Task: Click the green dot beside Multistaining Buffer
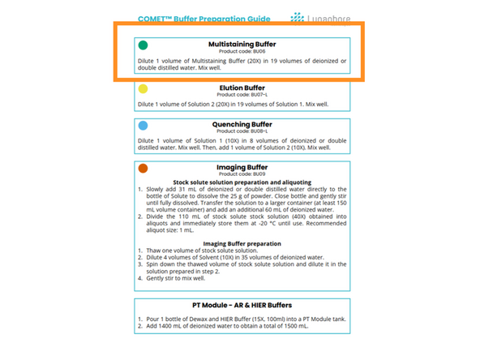(x=143, y=46)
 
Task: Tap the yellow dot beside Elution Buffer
(x=143, y=89)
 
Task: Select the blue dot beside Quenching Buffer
(x=143, y=126)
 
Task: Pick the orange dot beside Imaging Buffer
(x=143, y=169)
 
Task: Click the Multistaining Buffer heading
(x=241, y=44)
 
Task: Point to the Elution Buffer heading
(x=242, y=87)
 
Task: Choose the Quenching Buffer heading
(x=242, y=124)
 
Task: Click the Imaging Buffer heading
(x=242, y=167)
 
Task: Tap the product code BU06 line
(x=242, y=51)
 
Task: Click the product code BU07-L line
(x=242, y=95)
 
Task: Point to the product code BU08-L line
(x=242, y=131)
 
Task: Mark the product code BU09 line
(x=242, y=174)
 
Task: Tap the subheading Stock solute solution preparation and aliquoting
(x=242, y=182)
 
